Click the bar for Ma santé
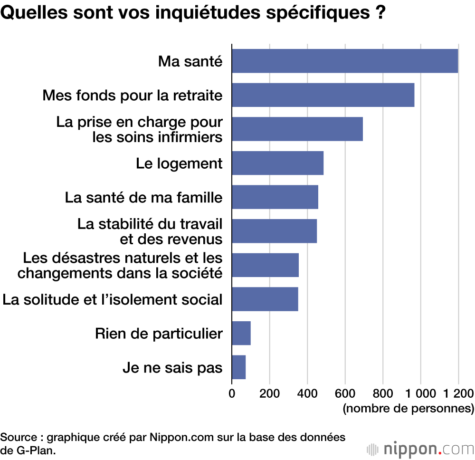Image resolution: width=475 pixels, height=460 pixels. pos(345,61)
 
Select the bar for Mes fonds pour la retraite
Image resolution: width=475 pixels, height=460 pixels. pos(323,95)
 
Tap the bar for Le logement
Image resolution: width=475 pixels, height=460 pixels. pos(278,163)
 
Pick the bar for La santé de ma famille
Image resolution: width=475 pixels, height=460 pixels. pos(275,197)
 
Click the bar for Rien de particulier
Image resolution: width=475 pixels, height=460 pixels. pos(241,333)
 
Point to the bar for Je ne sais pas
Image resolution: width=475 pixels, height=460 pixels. pos(239,367)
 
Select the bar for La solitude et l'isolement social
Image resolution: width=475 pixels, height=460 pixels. pos(265,299)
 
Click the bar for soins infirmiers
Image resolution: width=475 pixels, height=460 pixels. pos(297,129)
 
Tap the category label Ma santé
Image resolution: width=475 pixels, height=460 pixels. pos(190,61)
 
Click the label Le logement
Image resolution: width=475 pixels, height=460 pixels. pos(179,163)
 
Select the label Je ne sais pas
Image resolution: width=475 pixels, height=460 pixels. pos(172,367)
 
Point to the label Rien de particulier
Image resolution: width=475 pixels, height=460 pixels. pos(159,334)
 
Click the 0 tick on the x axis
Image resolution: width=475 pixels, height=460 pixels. pos(232,393)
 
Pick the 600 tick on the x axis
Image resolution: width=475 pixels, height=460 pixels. pos(345,393)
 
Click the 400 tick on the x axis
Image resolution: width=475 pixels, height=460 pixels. pos(307,393)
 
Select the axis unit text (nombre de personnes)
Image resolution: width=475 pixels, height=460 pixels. pos(408,408)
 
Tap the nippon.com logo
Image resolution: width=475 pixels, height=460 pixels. pos(420,448)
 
